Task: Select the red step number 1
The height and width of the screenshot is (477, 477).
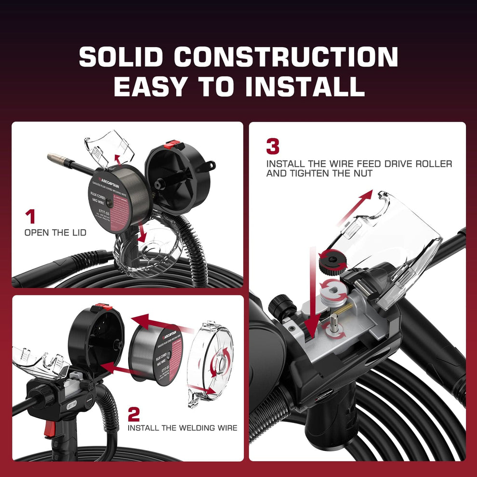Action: pyautogui.click(x=30, y=216)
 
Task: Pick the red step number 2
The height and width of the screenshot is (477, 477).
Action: pyautogui.click(x=133, y=413)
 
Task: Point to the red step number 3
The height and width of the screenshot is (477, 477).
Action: pyautogui.click(x=273, y=146)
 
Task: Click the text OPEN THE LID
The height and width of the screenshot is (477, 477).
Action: pyautogui.click(x=55, y=233)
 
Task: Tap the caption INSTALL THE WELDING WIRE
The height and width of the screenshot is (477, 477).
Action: pyautogui.click(x=182, y=427)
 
